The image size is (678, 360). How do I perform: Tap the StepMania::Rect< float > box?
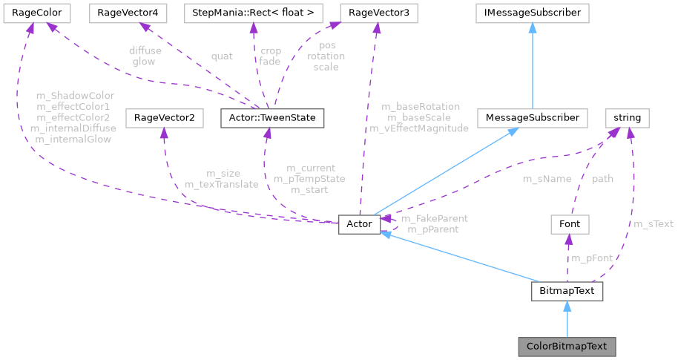coord(252,13)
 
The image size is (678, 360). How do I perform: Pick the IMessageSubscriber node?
coord(533,13)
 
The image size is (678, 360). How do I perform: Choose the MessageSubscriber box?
coord(533,117)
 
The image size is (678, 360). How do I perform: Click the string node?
coord(628,117)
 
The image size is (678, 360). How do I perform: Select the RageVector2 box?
coord(163,117)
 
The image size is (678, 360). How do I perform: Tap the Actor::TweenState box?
coord(272,117)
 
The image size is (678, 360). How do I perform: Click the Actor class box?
coord(360,223)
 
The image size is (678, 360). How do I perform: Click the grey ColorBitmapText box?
coord(567,346)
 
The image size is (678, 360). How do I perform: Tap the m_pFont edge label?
coord(591,258)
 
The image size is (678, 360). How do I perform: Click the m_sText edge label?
coord(653,223)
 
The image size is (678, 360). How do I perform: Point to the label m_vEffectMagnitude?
coord(419,128)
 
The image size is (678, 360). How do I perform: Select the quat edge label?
coord(221,56)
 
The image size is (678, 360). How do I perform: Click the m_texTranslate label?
coord(221,184)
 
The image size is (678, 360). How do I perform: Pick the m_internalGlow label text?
coord(71,139)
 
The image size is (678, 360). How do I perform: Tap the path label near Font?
coord(602,179)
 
